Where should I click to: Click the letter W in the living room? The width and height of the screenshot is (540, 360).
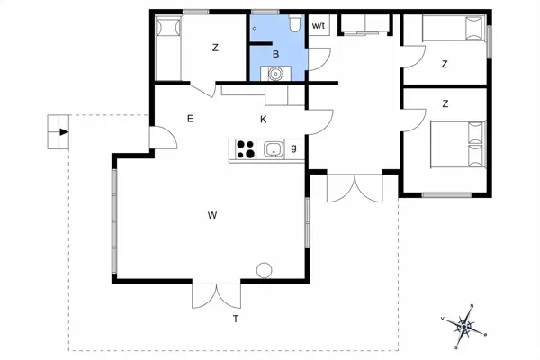click(x=211, y=215)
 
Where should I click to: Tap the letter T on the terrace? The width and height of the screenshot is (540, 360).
click(x=236, y=319)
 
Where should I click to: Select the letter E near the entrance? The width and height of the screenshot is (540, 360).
click(x=190, y=119)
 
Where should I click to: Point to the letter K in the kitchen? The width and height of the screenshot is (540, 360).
click(x=264, y=119)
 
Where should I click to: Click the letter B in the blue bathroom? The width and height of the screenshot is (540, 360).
click(x=277, y=55)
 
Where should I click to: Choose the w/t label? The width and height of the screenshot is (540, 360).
click(x=319, y=27)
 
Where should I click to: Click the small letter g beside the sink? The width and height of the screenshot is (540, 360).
click(x=293, y=148)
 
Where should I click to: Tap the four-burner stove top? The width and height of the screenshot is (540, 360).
click(x=245, y=149)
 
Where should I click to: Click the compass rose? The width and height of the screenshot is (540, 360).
click(x=464, y=325)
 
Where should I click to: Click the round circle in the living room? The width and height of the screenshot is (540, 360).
click(x=265, y=269)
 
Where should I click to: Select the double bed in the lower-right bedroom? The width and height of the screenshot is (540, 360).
click(x=458, y=144)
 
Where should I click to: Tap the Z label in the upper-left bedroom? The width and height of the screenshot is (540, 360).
click(x=215, y=49)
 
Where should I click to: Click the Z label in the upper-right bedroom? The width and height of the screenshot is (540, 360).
click(x=445, y=64)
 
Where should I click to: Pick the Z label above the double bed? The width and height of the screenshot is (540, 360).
click(x=445, y=104)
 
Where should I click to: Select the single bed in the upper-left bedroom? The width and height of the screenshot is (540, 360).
click(x=166, y=49)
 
